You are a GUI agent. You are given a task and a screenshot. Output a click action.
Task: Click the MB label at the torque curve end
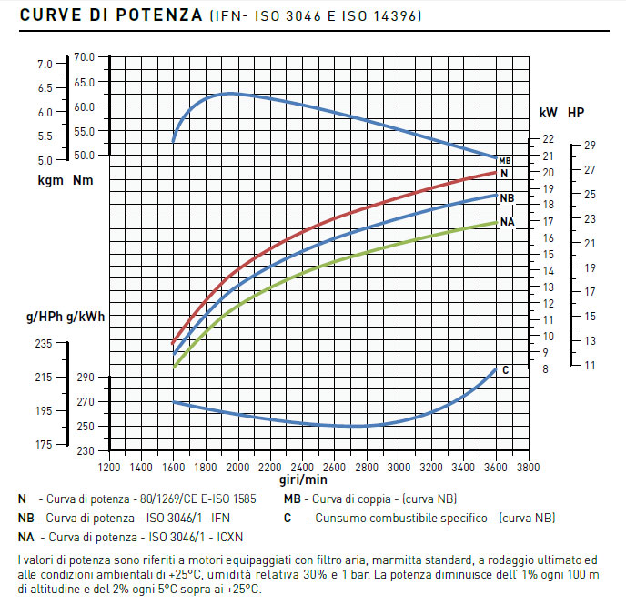click(505, 161)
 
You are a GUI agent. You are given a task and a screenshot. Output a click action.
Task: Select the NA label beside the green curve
click(507, 222)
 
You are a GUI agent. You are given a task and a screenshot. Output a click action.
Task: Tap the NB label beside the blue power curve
click(507, 197)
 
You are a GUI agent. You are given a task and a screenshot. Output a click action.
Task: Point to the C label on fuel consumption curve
click(505, 369)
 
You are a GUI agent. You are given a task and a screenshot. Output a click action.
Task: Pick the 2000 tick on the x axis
click(238, 467)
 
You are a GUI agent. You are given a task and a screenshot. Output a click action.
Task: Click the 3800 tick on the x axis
click(529, 467)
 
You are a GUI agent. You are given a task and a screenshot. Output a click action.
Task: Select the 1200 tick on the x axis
click(109, 467)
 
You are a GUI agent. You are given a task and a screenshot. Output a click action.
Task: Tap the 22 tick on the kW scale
click(548, 139)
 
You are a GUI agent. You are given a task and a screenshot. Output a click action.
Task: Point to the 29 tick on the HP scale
click(590, 146)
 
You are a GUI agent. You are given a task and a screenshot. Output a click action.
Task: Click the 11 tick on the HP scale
click(590, 365)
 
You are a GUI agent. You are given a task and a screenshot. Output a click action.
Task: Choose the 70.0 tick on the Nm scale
click(84, 56)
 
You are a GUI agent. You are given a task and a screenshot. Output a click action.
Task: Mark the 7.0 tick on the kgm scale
click(45, 65)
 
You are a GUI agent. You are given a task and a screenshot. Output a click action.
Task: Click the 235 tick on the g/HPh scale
click(44, 344)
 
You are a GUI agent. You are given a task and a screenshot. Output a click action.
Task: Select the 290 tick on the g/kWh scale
click(85, 378)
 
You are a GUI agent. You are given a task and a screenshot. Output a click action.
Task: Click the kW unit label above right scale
click(548, 114)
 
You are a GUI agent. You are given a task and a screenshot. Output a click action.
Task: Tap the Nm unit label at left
click(83, 180)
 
